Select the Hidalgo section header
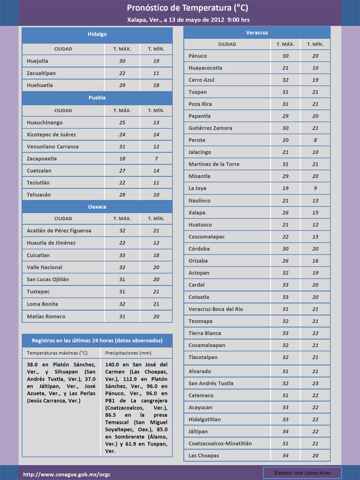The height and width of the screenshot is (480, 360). pos(97,34)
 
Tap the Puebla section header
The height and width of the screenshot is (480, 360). pos(97,98)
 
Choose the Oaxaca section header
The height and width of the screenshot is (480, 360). pos(97,207)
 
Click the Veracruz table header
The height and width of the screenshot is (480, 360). pos(257,32)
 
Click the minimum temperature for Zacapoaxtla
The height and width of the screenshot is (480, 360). pos(156,159)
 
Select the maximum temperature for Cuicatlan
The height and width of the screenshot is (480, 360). pos(122,255)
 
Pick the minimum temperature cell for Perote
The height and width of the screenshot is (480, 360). pos(315,140)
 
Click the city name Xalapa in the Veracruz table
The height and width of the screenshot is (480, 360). pos(197,213)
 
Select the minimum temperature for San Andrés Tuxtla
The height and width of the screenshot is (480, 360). pos(315,383)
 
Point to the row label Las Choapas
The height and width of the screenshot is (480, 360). pos(204,456)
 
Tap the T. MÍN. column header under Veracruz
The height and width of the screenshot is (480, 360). pos(315,44)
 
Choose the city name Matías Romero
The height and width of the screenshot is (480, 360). pos(46,316)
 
